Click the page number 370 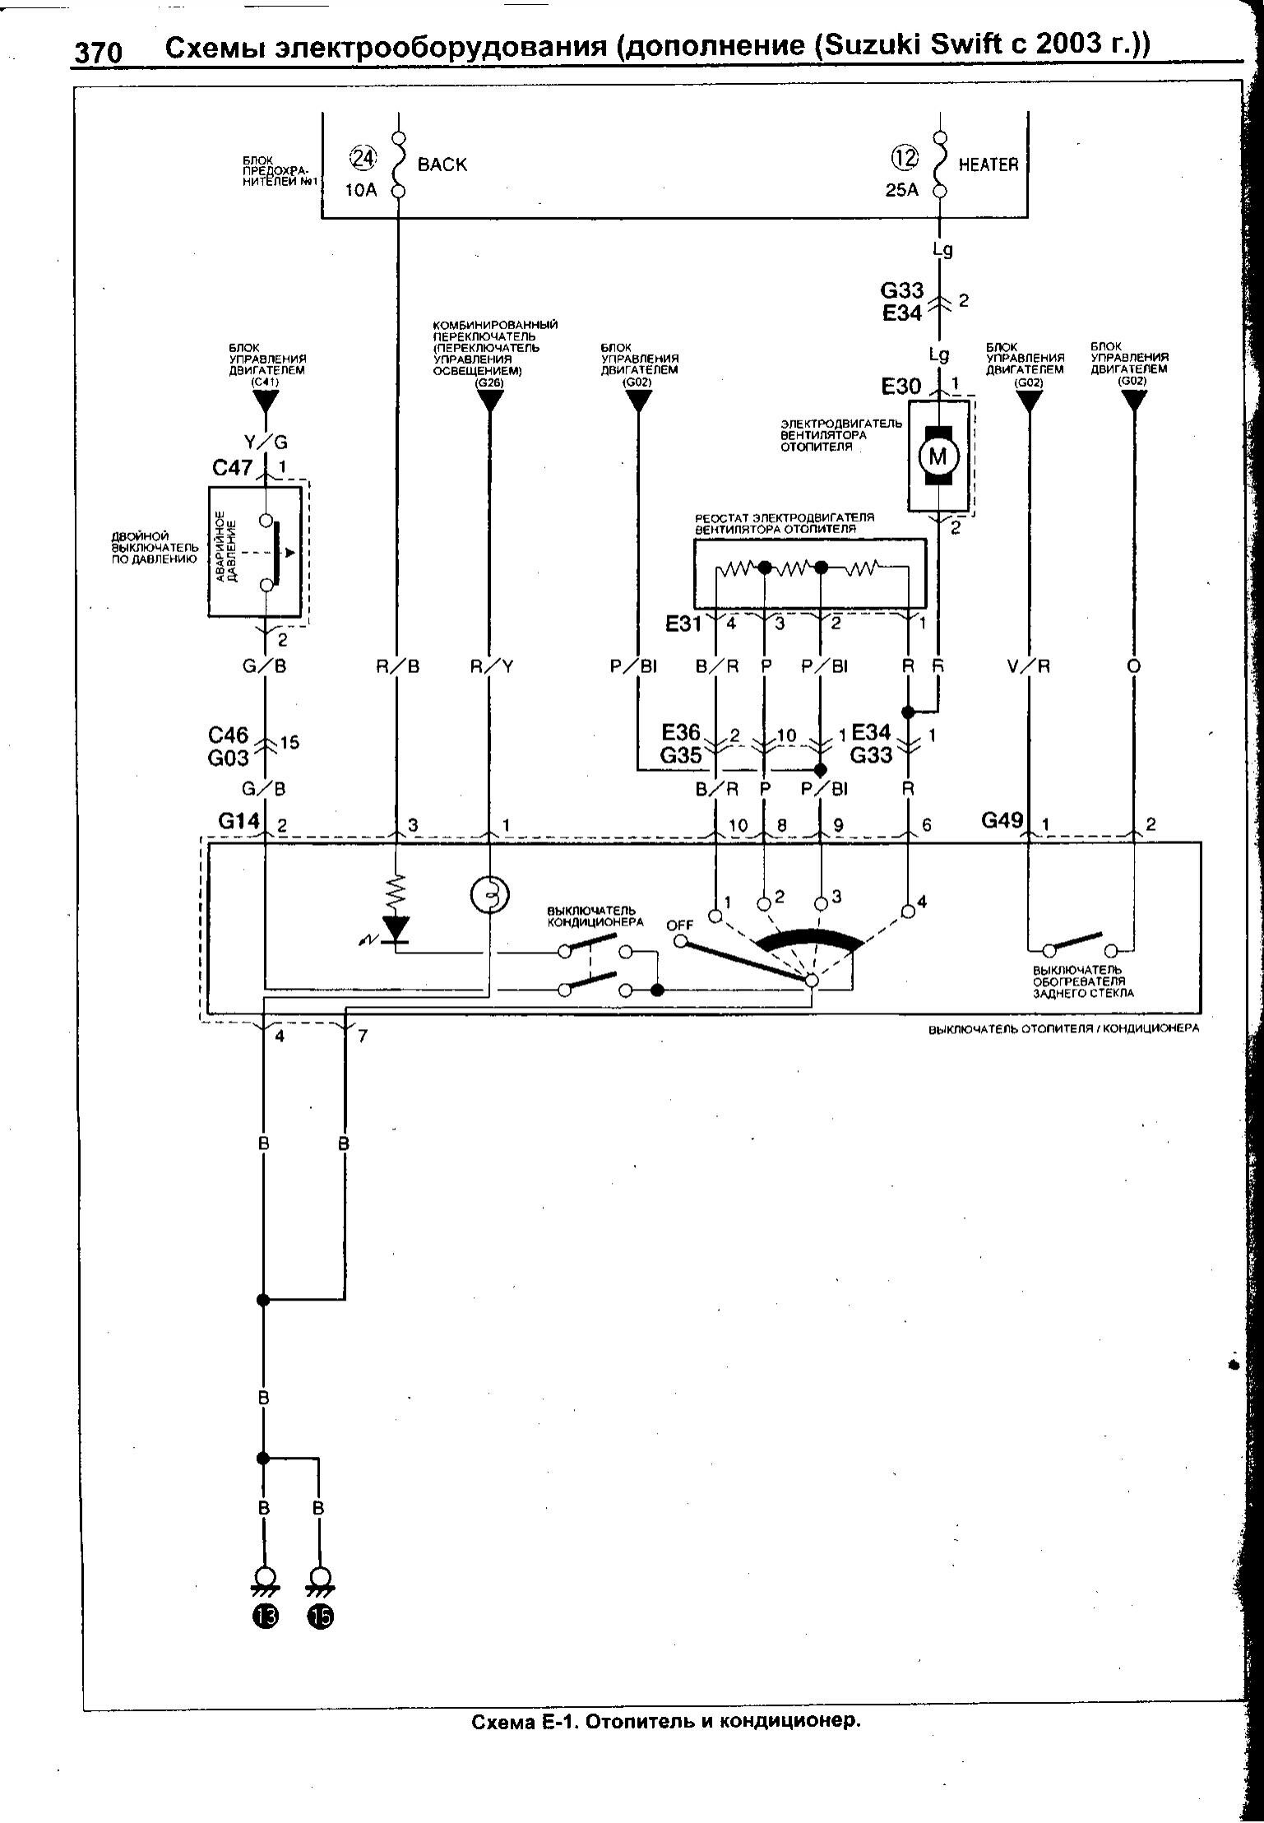point(98,53)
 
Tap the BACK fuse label point(442,165)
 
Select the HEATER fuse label point(988,165)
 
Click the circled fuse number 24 point(362,156)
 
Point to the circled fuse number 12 point(905,156)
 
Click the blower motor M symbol point(938,456)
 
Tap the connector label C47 point(233,468)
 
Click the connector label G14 point(238,821)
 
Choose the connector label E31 point(683,624)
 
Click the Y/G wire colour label point(265,443)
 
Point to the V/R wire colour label point(1028,666)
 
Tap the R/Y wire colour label point(491,666)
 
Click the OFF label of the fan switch point(679,925)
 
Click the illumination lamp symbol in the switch point(490,895)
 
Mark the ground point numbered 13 point(266,1617)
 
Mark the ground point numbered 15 point(320,1617)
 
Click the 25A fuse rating point(901,191)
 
